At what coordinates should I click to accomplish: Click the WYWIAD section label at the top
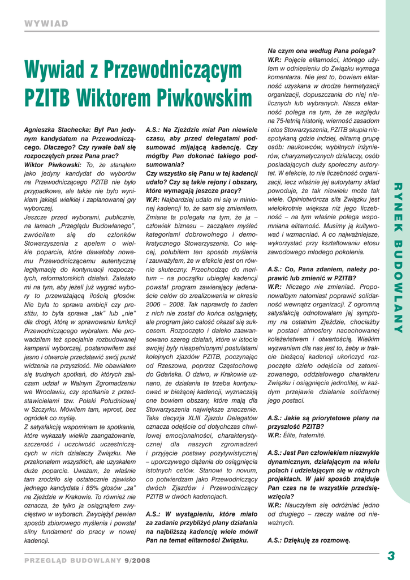(46, 23)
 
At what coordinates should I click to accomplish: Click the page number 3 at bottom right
(391, 556)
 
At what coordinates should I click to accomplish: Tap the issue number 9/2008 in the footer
(137, 560)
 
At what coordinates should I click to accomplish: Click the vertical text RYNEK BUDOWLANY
(397, 258)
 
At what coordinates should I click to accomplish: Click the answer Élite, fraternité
(306, 435)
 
